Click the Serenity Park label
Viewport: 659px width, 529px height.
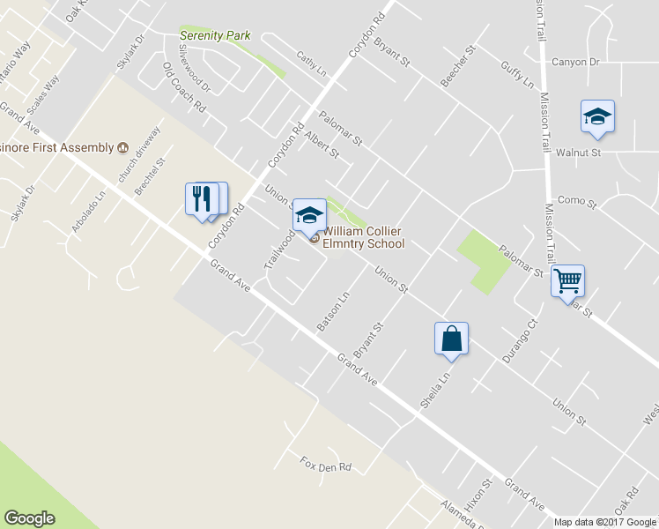pos(215,36)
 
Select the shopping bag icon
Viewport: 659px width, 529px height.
pos(451,339)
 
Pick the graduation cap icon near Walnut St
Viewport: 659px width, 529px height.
pos(597,116)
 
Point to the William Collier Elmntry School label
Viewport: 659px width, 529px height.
pos(363,238)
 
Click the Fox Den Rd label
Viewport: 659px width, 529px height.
pos(325,465)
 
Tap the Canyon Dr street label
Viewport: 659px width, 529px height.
pos(574,63)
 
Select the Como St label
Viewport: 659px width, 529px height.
pos(578,203)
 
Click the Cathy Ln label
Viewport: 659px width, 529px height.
pos(311,62)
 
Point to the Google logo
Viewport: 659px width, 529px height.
pos(29,518)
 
